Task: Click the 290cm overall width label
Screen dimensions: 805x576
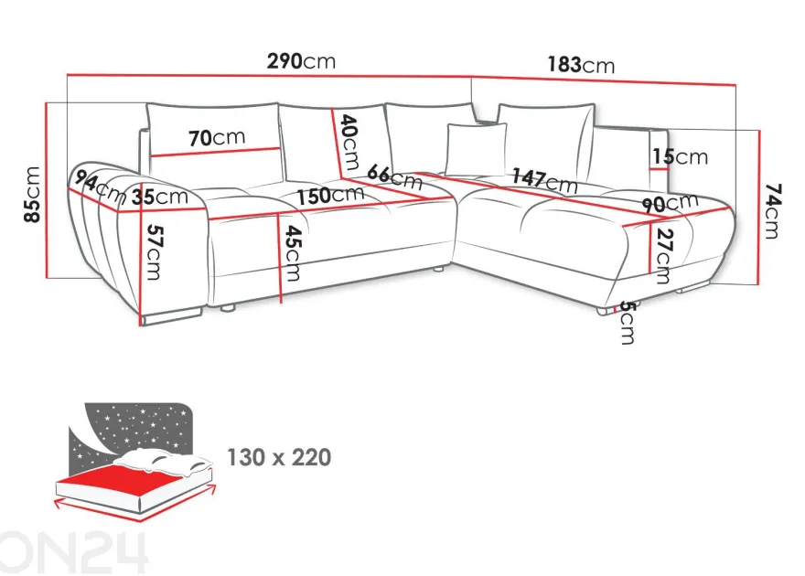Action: [x=301, y=61]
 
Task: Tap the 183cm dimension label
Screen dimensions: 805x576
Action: [x=581, y=65]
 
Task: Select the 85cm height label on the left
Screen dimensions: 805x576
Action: [x=32, y=195]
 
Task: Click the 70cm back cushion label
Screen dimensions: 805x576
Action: [x=217, y=137]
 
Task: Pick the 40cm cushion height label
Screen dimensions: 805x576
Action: [x=349, y=142]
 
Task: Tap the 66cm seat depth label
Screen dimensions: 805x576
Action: [x=395, y=176]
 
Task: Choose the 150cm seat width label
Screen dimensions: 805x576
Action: [x=330, y=196]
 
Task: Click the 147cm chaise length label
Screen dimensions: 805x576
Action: [x=544, y=180]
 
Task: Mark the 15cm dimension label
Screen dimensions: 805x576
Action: [x=680, y=156]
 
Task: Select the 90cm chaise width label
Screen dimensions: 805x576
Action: [x=671, y=203]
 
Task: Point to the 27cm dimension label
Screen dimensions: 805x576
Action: [x=662, y=255]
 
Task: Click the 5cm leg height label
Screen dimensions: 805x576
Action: [x=628, y=322]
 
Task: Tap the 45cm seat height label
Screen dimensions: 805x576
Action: [x=292, y=253]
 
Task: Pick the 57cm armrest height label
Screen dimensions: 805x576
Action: [x=154, y=251]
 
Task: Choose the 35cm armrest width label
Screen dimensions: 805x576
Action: [x=160, y=197]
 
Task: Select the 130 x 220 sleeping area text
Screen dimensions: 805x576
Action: [x=279, y=457]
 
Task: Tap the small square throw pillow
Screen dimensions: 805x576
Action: [x=476, y=149]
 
